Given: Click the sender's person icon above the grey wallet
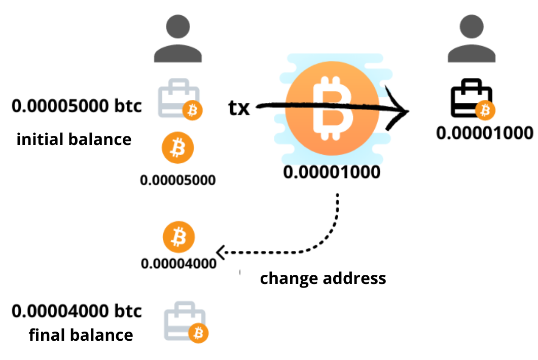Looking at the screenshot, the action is [178, 39].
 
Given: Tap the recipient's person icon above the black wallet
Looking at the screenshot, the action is [472, 39].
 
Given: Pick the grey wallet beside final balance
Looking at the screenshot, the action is [186, 322].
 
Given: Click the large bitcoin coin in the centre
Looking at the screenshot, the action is [332, 109].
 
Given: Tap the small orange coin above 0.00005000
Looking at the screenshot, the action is [178, 148].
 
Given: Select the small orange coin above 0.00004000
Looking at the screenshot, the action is [178, 237].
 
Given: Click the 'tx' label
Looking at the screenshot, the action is [239, 108].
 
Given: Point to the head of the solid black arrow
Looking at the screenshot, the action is [408, 111].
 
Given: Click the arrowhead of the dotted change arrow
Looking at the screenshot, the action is [217, 253].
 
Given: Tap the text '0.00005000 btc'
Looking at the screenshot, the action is [77, 105].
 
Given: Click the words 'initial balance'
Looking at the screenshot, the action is [74, 139].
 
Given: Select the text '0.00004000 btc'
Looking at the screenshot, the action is [77, 311].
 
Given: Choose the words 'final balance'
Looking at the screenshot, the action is [81, 335].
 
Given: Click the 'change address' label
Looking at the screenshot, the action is [323, 278].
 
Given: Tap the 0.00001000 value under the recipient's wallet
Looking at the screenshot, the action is [484, 133].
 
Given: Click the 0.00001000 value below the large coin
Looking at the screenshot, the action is [332, 172].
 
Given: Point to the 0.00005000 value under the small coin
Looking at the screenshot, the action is [178, 180].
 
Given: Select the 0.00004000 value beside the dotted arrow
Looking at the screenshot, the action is [178, 264].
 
